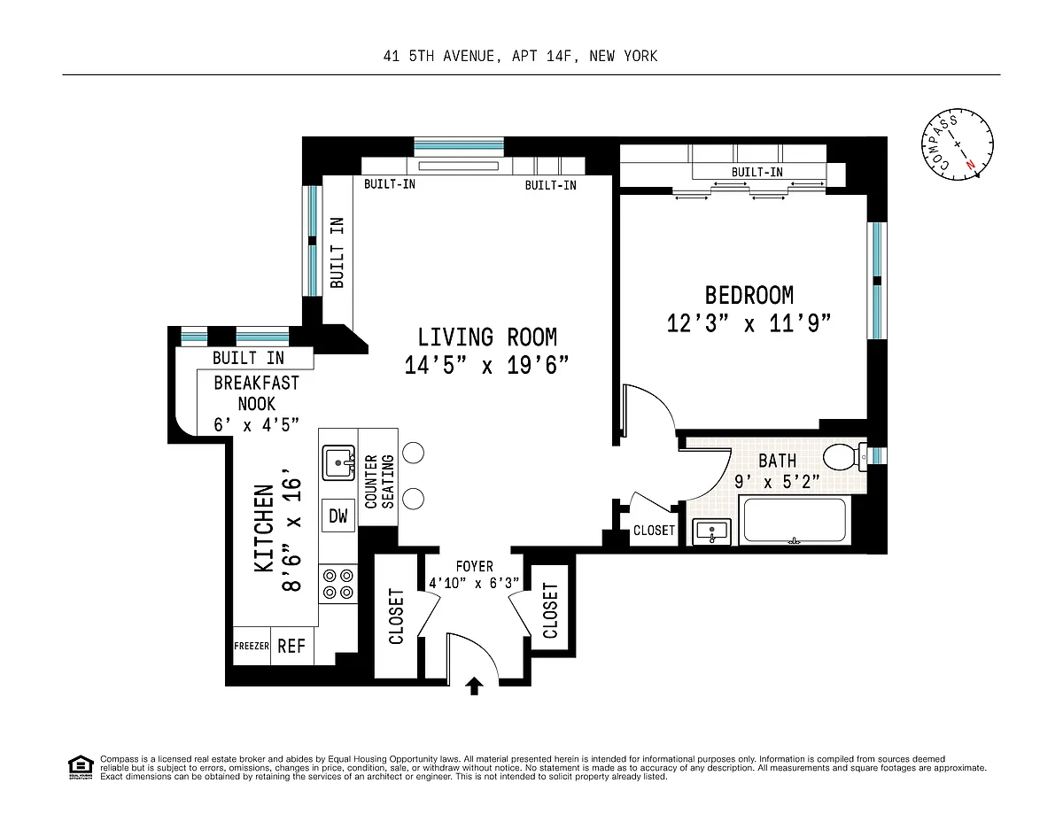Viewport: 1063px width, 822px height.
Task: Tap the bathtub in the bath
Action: (x=795, y=520)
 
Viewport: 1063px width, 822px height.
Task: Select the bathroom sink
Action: (x=711, y=531)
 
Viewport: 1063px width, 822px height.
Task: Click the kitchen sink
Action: (x=338, y=462)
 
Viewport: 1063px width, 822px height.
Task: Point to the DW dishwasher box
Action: (x=338, y=516)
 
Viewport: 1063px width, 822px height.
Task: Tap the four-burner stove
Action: (x=338, y=584)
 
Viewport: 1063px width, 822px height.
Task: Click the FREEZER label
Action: (x=252, y=646)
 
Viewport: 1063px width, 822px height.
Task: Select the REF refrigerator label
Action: (x=291, y=646)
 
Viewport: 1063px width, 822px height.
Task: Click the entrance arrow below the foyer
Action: (x=474, y=686)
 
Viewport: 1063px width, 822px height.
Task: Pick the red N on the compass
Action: (x=970, y=165)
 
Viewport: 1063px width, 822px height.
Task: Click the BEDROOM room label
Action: (x=749, y=295)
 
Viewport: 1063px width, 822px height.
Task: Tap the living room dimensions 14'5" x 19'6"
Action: (x=486, y=365)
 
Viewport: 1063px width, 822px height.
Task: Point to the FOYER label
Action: (x=475, y=566)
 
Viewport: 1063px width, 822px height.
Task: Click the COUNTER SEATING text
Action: (x=379, y=482)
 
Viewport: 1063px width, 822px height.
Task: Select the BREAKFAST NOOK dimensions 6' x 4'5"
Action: (x=256, y=424)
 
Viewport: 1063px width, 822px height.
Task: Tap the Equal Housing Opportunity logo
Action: (x=81, y=767)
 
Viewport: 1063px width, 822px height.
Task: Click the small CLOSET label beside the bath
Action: (x=654, y=531)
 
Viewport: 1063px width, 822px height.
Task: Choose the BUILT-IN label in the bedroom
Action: (x=757, y=172)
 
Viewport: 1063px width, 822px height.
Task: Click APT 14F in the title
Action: (x=541, y=56)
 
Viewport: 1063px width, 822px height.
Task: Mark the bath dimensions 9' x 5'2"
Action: (x=777, y=482)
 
